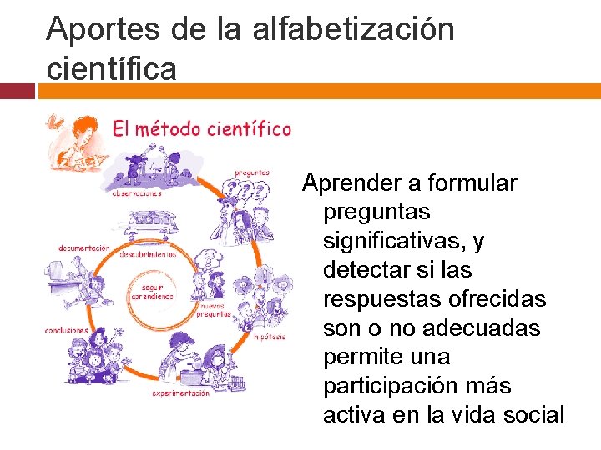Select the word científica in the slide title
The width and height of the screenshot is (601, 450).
112,68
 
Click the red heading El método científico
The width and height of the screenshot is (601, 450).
201,129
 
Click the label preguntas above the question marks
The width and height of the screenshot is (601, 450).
251,172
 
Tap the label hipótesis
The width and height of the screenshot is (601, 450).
270,337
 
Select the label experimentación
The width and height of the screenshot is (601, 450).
180,392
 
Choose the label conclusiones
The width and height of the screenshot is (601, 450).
68,330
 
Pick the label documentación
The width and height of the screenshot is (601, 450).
83,247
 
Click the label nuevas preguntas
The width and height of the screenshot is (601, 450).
215,311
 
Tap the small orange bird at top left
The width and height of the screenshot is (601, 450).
53,122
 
